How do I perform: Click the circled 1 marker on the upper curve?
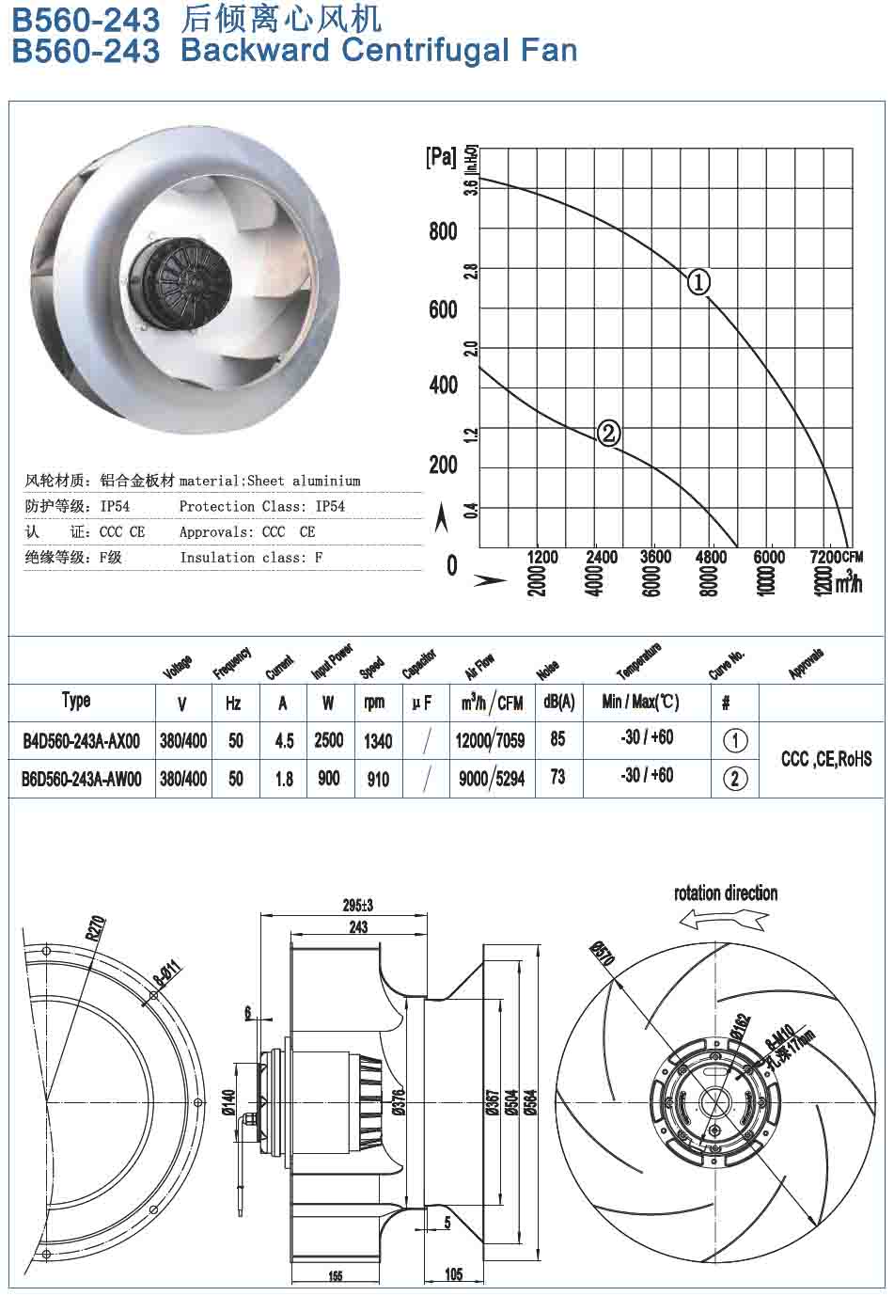click(698, 281)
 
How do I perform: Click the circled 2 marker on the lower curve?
click(608, 433)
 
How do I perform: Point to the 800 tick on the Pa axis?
click(443, 231)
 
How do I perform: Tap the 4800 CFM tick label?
click(711, 557)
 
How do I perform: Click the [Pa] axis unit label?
click(441, 157)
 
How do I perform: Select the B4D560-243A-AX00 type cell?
click(81, 741)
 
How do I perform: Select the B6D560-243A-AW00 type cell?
click(82, 779)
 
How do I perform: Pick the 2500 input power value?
click(328, 741)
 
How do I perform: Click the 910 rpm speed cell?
click(378, 779)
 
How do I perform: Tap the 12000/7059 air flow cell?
click(490, 741)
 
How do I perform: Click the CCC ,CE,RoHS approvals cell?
click(825, 759)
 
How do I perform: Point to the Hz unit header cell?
click(234, 703)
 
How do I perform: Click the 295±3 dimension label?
click(357, 905)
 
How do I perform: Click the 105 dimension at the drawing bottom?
click(453, 1274)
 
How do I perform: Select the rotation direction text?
click(726, 893)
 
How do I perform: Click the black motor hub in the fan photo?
click(188, 273)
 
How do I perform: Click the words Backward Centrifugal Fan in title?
click(379, 50)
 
